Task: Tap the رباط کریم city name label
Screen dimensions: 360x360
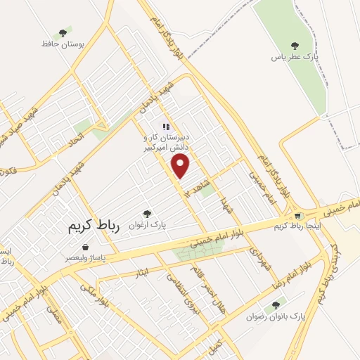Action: pyautogui.click(x=95, y=226)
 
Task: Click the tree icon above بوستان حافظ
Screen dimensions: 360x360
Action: pyautogui.click(x=63, y=32)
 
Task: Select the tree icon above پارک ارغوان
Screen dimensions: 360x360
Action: pyautogui.click(x=146, y=213)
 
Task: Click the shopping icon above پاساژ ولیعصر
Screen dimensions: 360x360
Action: pyautogui.click(x=85, y=247)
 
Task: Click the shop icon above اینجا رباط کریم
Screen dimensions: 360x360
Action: pyautogui.click(x=298, y=215)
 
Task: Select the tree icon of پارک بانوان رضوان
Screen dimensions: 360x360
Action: pyautogui.click(x=274, y=305)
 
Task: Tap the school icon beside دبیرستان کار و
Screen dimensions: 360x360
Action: pyautogui.click(x=166, y=127)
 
